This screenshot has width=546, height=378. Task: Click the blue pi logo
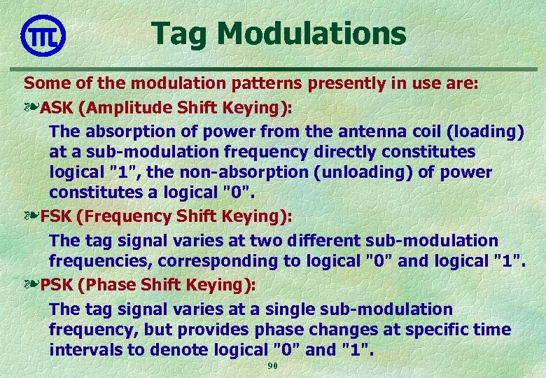pos(43,35)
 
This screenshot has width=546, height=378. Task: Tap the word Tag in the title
pos(176,33)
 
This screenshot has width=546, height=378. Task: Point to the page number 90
pos(273,367)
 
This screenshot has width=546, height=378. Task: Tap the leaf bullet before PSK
pos(31,285)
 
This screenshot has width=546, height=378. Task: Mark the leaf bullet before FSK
pos(31,216)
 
